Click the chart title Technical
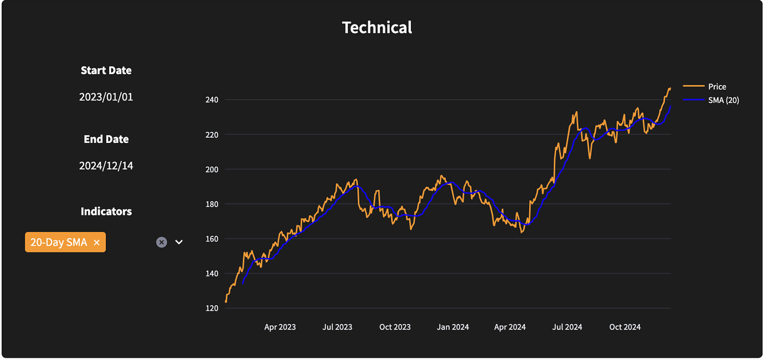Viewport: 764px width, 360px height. [x=377, y=28]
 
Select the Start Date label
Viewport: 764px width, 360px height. [x=106, y=70]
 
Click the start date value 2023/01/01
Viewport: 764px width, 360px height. [x=106, y=97]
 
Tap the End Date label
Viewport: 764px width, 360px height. [x=106, y=139]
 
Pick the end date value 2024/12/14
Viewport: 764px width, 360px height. [x=106, y=166]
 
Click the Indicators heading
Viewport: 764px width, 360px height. [x=106, y=211]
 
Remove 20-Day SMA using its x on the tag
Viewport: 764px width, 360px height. [x=96, y=243]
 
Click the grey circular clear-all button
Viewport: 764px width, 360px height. [x=161, y=242]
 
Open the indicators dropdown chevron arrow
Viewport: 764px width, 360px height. [x=179, y=242]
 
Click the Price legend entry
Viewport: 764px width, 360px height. [x=716, y=86]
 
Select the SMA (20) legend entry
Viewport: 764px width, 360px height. [x=723, y=100]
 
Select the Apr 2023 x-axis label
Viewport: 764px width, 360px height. [x=280, y=327]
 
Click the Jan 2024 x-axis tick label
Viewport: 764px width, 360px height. [x=452, y=327]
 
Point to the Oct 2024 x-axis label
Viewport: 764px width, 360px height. [x=624, y=327]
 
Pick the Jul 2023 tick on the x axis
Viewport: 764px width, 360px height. [x=337, y=327]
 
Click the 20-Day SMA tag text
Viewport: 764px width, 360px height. [x=59, y=243]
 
